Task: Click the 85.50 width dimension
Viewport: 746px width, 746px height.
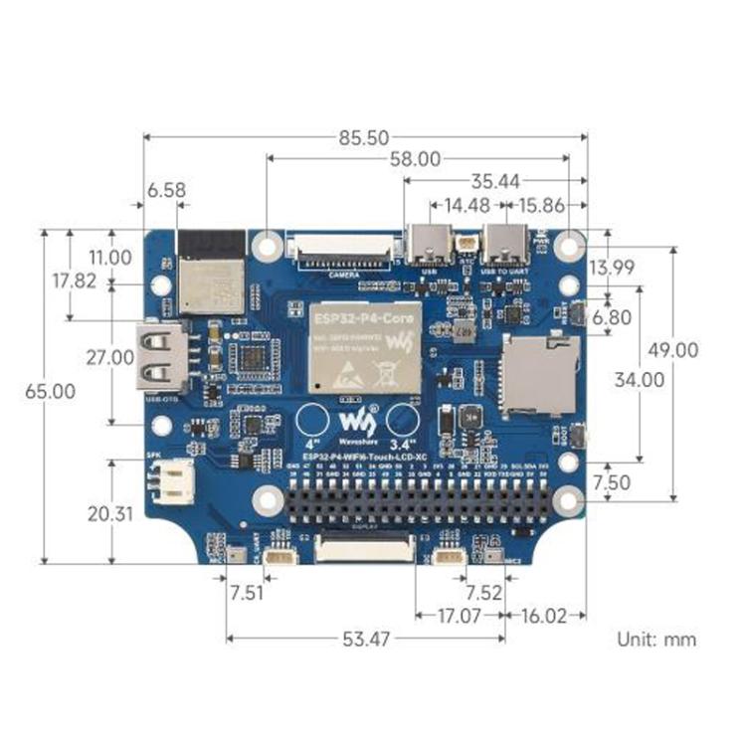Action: coord(363,136)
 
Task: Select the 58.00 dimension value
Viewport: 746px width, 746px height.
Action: coord(414,157)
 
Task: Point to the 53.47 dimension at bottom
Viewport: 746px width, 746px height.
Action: coord(366,640)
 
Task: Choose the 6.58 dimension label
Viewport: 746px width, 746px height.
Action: coord(167,190)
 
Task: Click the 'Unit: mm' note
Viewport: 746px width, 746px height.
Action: coord(656,640)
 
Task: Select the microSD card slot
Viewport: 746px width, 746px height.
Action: coord(541,374)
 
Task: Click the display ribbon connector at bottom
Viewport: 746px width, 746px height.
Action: coord(364,548)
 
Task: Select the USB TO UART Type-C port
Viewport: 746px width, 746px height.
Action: coord(506,242)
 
